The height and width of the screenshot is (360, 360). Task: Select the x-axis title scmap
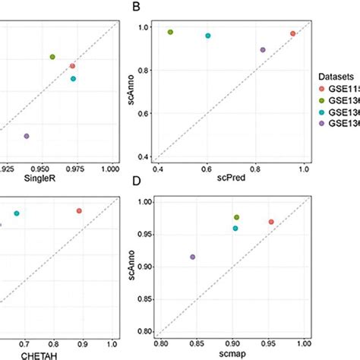tap(231, 354)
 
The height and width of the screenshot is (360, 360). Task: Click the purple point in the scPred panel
tap(263, 49)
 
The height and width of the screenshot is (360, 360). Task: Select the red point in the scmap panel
tap(271, 222)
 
